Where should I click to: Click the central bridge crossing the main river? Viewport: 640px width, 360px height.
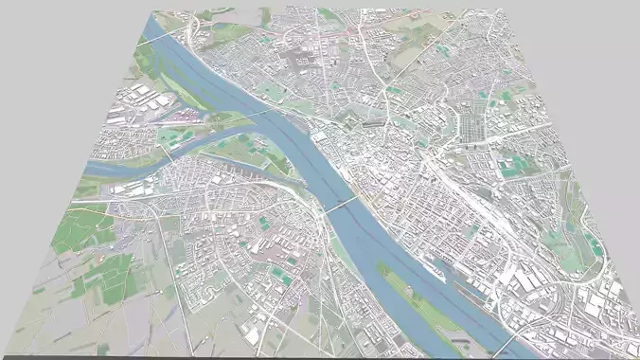(x=342, y=203)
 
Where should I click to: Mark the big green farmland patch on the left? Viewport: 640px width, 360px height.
(x=85, y=227)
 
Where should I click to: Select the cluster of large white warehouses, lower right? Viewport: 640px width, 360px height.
(x=530, y=279)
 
